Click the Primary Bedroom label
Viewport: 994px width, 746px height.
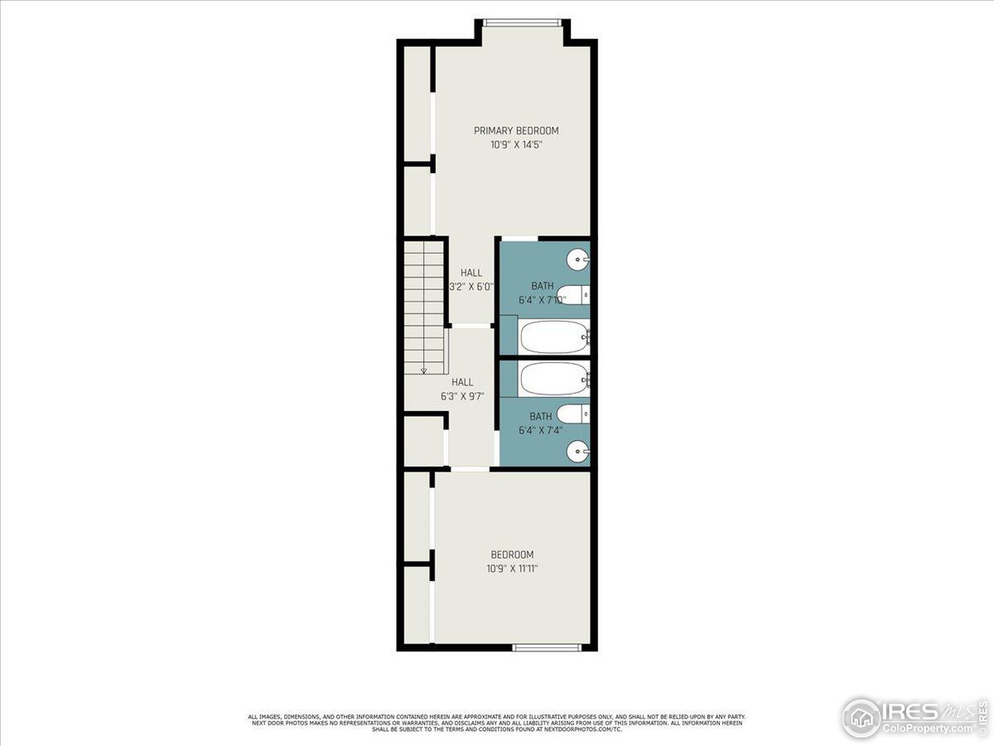[x=516, y=131]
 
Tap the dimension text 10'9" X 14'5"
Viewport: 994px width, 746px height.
[x=516, y=145]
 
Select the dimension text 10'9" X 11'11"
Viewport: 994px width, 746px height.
[x=512, y=569]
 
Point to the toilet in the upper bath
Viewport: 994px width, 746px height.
[x=575, y=295]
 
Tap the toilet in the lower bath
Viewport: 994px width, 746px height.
[x=575, y=413]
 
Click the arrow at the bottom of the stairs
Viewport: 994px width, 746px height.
[x=423, y=371]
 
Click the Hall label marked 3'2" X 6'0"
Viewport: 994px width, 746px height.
[x=471, y=273]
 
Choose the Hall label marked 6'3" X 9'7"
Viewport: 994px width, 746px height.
[x=463, y=382]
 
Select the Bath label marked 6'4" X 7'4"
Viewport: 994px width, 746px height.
[x=540, y=417]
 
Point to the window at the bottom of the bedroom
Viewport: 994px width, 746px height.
[x=547, y=647]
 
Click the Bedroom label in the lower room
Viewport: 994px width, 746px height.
[x=512, y=555]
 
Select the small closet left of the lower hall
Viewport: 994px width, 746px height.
[x=423, y=441]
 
